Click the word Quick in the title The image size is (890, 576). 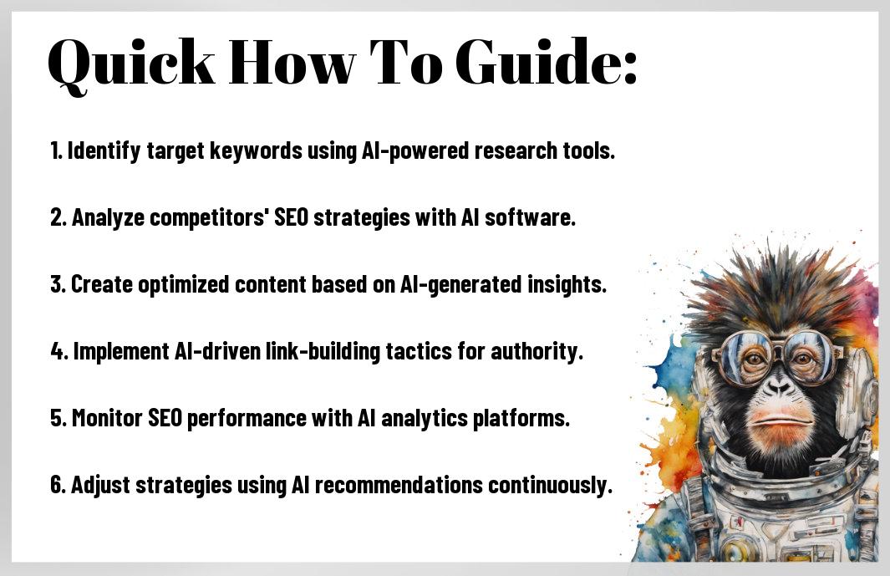point(132,64)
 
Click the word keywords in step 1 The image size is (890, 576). point(256,151)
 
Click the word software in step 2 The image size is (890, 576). point(530,217)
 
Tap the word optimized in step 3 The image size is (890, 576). point(183,284)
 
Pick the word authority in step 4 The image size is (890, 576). point(537,351)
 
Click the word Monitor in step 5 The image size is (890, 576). point(107,418)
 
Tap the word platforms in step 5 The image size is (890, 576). point(521,418)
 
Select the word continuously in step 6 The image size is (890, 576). point(550,485)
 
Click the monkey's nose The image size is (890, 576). point(778,387)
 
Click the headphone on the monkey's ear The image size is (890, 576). point(859,392)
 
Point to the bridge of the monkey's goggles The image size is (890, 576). point(776,346)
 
